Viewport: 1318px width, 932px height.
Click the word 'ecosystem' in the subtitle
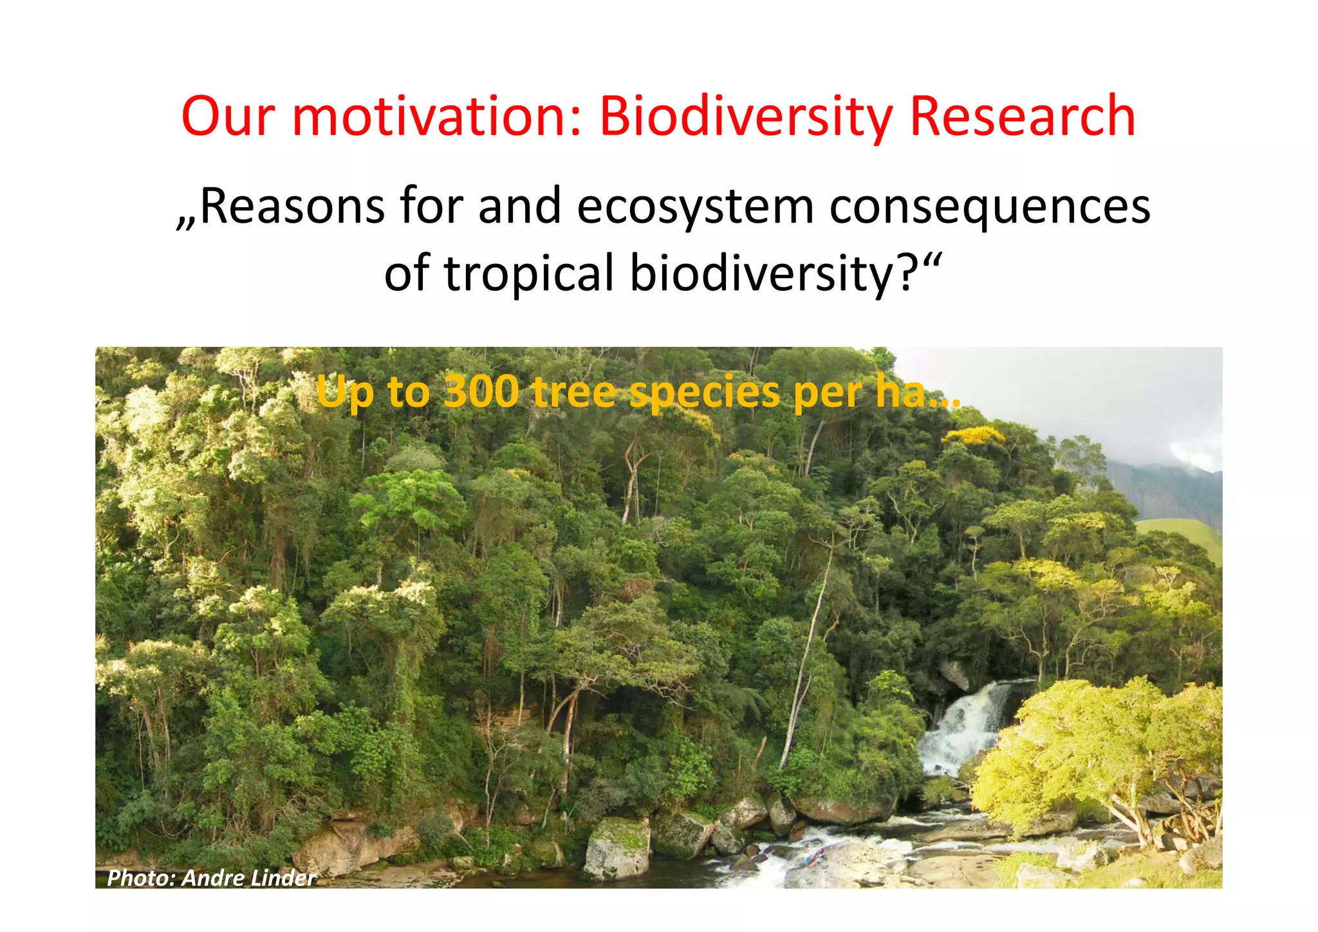[x=695, y=206]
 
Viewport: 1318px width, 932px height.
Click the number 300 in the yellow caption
[x=481, y=391]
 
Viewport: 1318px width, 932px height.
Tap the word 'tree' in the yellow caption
[x=574, y=391]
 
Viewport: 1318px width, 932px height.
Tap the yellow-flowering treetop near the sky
[x=973, y=436]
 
